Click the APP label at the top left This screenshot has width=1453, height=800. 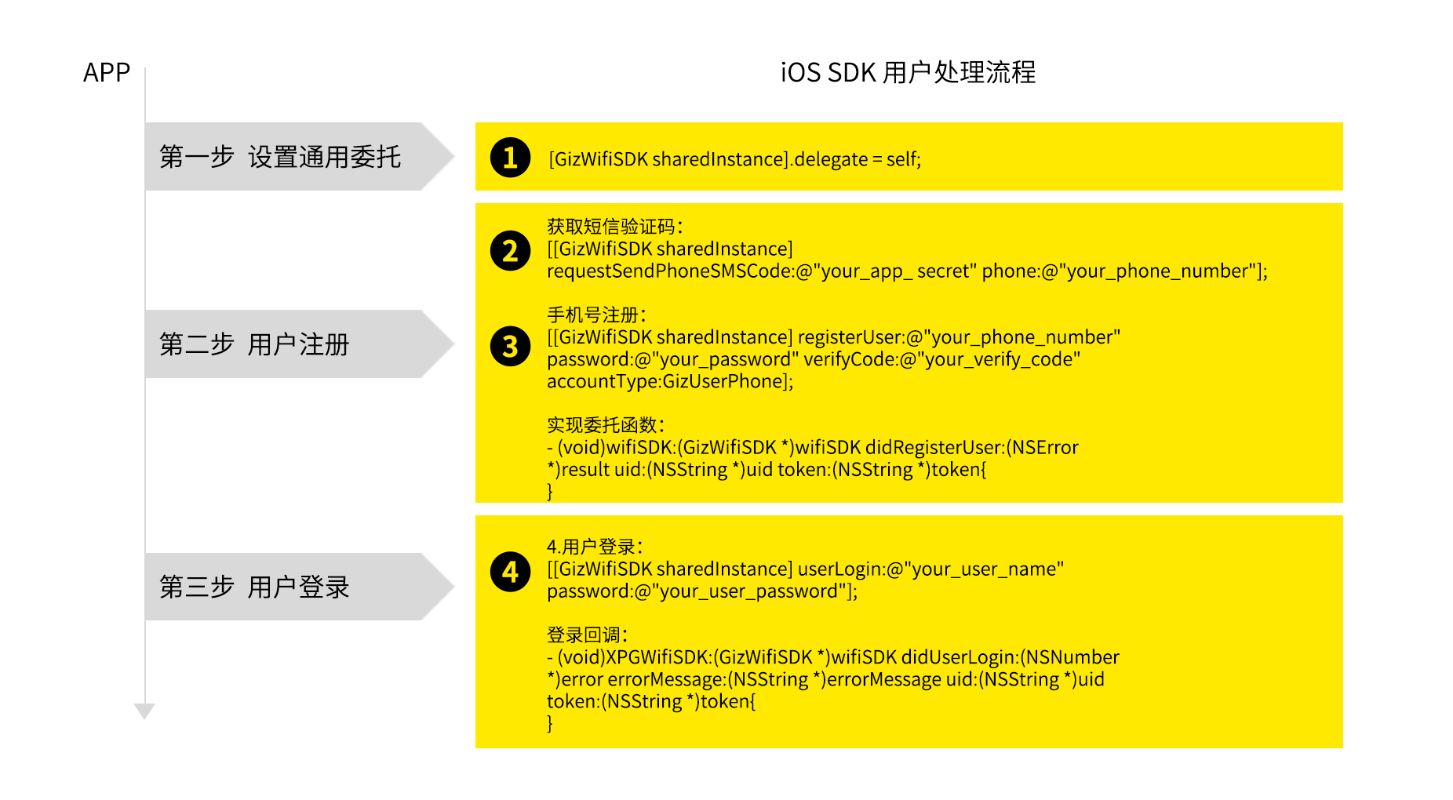pos(107,72)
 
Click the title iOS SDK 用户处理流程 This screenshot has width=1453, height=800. pos(908,72)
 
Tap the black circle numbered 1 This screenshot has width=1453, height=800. pos(511,158)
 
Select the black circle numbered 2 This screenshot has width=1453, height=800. pos(511,251)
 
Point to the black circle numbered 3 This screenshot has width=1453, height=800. pos(511,346)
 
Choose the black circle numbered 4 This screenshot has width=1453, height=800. pos(511,572)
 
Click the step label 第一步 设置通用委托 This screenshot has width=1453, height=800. pos(280,157)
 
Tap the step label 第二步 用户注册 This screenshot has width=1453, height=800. pos(254,344)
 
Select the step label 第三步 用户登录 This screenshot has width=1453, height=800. pos(254,587)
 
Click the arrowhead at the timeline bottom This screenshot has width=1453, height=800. pos(144,711)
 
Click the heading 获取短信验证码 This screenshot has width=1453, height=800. pos(615,227)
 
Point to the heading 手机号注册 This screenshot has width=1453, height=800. pos(596,315)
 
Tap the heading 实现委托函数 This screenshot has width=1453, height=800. pos(606,425)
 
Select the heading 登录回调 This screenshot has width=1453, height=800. pos(587,635)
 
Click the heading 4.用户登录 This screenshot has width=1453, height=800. pos(595,547)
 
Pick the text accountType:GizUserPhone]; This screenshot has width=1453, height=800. pos(670,382)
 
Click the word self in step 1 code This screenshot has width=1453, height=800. pos(901,159)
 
